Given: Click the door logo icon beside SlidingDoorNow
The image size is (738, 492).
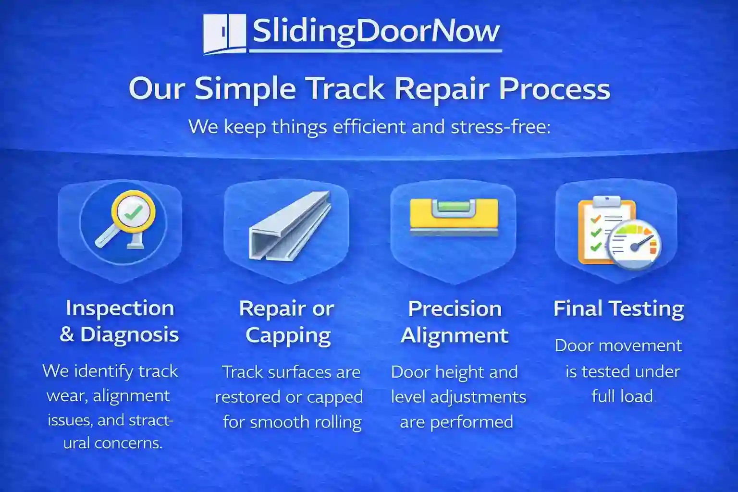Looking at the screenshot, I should [224, 33].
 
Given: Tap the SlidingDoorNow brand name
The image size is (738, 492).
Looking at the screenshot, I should [376, 31].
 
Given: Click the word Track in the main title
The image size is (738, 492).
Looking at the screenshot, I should [345, 89].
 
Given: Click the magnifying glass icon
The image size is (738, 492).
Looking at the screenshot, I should [126, 219].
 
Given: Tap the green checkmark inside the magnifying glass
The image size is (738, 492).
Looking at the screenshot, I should [133, 212].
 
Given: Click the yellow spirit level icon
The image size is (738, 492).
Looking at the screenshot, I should [454, 216].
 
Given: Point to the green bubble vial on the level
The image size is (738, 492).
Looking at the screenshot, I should [454, 207].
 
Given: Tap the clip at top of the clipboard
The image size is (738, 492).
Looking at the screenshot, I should [606, 201].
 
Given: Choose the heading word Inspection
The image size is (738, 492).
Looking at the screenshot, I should [120, 308].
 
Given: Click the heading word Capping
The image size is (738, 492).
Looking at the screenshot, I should [288, 335].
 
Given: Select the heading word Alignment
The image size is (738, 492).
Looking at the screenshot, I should [455, 335].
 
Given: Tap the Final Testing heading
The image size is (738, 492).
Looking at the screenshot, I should [619, 308].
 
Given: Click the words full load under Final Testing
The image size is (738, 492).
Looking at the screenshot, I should [622, 396].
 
